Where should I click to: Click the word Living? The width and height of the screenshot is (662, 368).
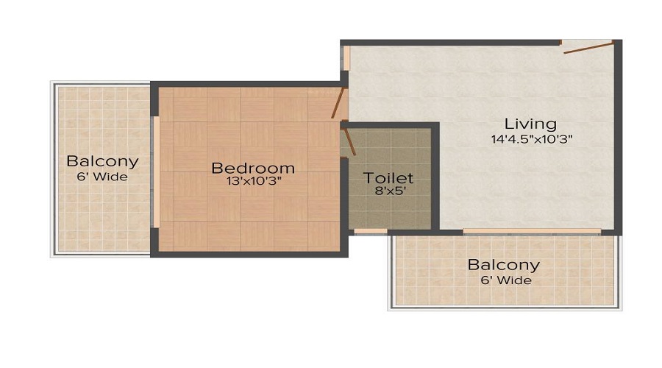[530, 124]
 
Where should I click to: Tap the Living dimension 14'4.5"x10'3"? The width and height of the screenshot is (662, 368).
[532, 138]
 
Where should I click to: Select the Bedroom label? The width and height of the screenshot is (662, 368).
[250, 167]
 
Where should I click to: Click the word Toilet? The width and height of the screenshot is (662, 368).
[389, 178]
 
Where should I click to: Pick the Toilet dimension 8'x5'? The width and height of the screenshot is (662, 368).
[389, 191]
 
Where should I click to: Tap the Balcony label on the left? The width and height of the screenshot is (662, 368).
[102, 162]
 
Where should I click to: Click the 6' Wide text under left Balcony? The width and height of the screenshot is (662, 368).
[102, 177]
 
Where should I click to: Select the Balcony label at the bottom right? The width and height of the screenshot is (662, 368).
[504, 265]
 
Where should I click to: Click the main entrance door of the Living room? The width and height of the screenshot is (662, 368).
[588, 47]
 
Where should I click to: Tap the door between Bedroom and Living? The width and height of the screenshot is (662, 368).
[338, 103]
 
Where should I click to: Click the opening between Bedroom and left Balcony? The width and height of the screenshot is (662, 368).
[155, 173]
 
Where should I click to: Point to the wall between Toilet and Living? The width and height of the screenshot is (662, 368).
[436, 177]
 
